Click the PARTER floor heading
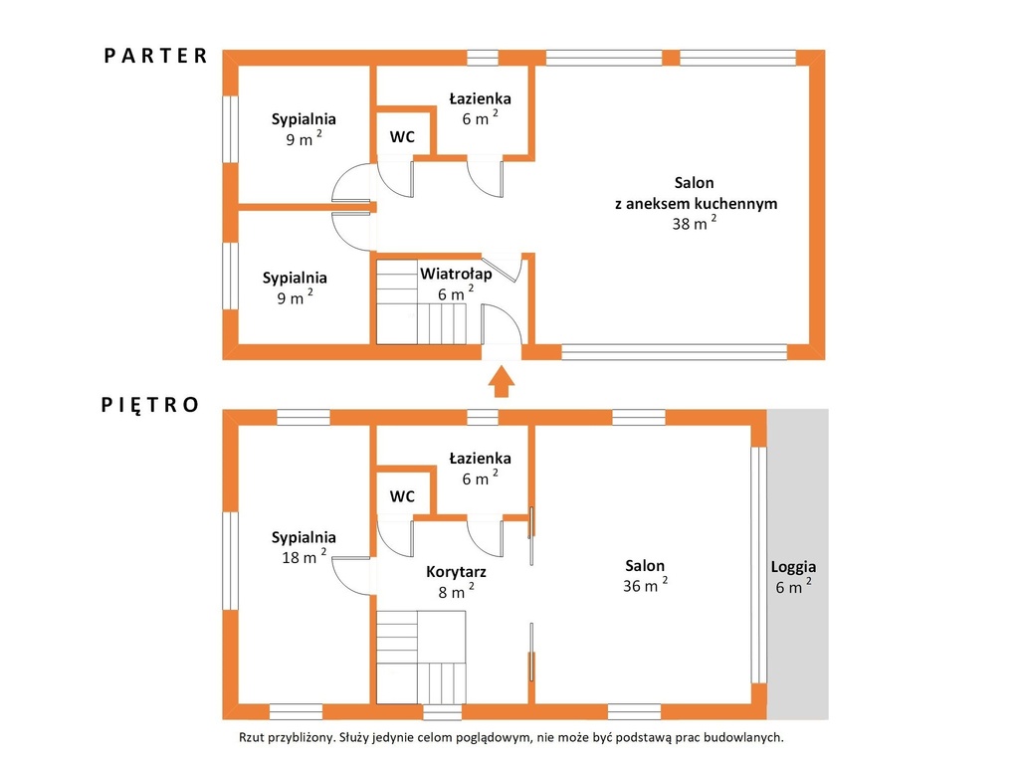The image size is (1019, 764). [x=155, y=56]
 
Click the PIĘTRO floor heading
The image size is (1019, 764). [x=150, y=406]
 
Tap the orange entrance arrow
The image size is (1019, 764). [x=502, y=381]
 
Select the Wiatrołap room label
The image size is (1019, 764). [x=456, y=274]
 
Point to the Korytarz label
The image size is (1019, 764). [x=456, y=572]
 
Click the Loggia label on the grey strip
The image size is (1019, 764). [x=793, y=566]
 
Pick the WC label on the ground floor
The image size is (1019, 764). [x=402, y=137]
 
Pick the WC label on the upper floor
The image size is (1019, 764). [x=402, y=496]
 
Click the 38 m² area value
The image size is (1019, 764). [x=694, y=222]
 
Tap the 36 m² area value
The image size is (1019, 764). [x=645, y=585]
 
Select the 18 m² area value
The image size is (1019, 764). [x=304, y=556]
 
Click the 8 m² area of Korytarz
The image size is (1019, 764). [x=456, y=591]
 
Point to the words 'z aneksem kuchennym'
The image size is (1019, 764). [x=696, y=203]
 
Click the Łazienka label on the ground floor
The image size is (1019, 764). [x=480, y=98]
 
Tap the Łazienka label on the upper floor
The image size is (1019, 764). [x=480, y=458]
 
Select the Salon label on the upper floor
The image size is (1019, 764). [x=645, y=565]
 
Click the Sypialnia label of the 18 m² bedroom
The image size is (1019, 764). [x=304, y=537]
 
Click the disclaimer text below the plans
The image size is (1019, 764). [x=511, y=737]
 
